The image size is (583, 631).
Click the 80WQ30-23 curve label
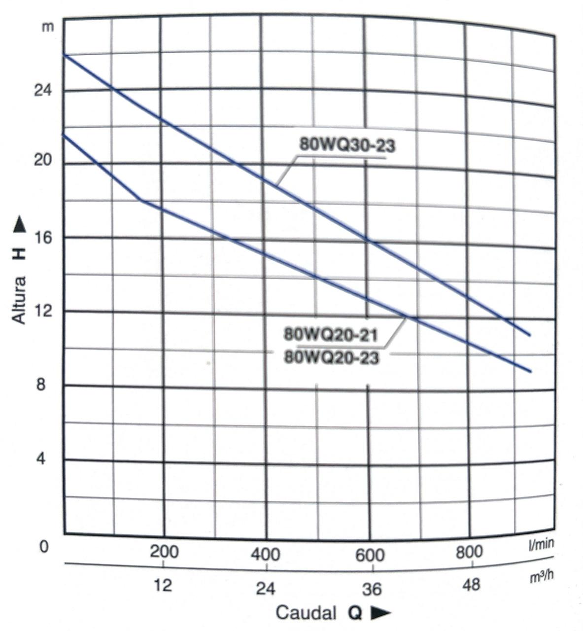click(x=348, y=145)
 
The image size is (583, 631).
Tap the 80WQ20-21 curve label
click(x=330, y=335)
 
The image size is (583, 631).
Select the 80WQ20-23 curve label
click(x=331, y=357)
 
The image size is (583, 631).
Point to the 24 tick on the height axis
click(x=42, y=91)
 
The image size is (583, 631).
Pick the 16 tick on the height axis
click(x=42, y=238)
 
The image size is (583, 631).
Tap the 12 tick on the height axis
click(x=42, y=311)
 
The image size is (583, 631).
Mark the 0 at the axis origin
click(x=44, y=546)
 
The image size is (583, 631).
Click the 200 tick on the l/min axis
click(x=164, y=552)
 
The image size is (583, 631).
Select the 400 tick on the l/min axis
click(x=266, y=554)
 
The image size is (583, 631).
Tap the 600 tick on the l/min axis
click(x=370, y=555)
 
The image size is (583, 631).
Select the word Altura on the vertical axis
click(x=19, y=300)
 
